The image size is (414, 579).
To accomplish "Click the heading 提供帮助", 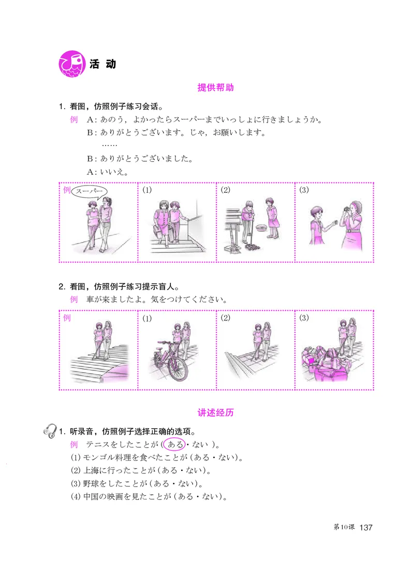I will coord(216,87).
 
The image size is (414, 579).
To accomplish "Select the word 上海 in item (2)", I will coord(83,471).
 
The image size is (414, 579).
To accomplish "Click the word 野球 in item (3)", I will coord(83,484).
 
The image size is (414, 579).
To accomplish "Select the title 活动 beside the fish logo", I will coord(102,64).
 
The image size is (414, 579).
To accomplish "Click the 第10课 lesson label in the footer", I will coord(344,527).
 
